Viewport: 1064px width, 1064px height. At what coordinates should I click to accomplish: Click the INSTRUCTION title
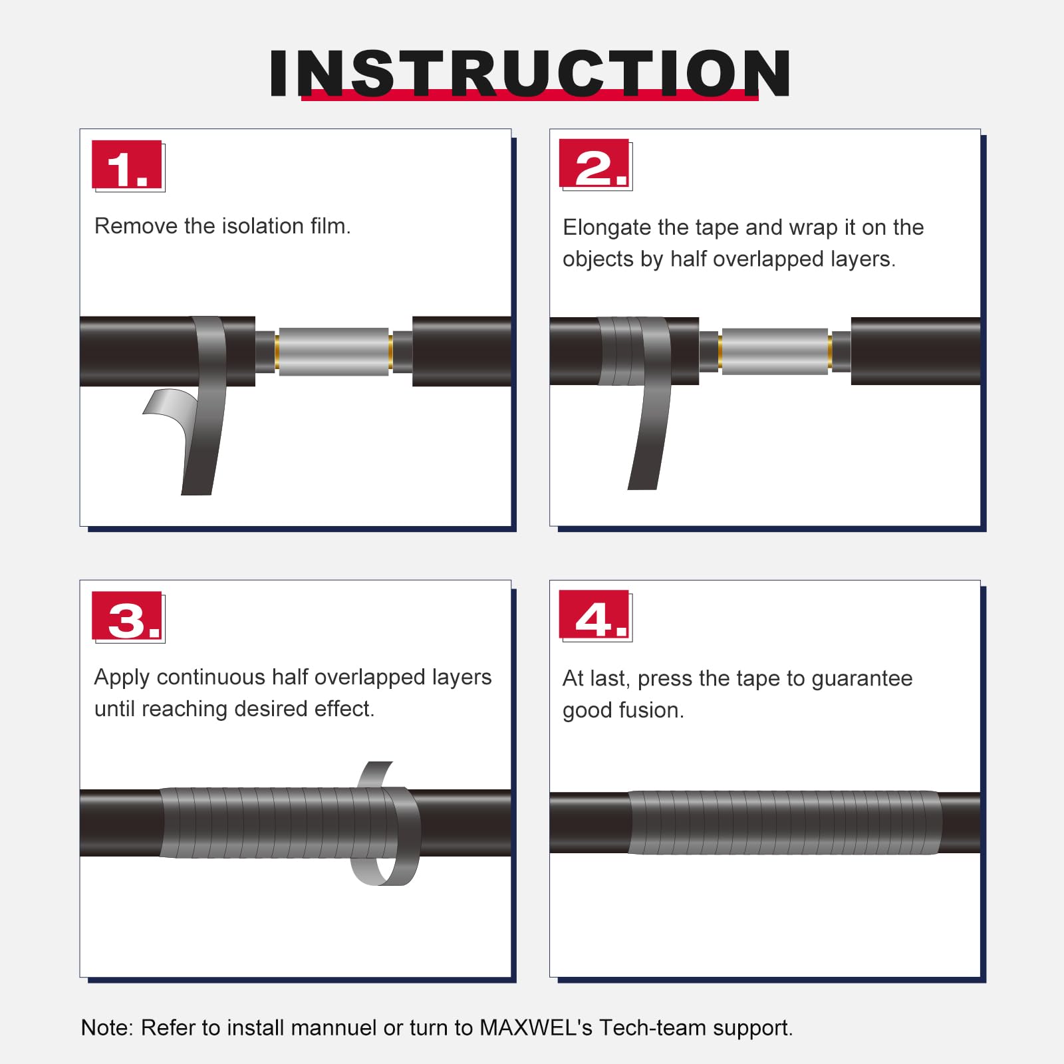(530, 73)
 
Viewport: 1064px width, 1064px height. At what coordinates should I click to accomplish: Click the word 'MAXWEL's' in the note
(536, 1027)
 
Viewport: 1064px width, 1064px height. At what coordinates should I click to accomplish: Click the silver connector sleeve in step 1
(333, 352)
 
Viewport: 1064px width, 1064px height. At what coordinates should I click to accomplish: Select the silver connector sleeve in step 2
(775, 352)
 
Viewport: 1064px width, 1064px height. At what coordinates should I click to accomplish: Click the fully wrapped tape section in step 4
(785, 823)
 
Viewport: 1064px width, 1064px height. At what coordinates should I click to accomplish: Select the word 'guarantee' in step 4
(862, 679)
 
